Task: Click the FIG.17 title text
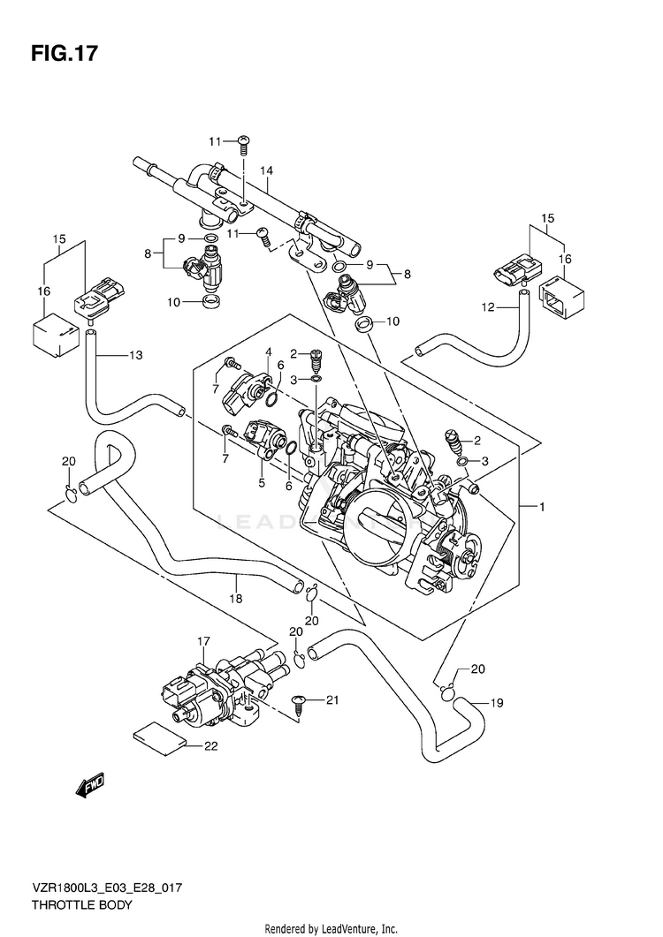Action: pyautogui.click(x=64, y=54)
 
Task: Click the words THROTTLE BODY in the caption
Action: pyautogui.click(x=81, y=904)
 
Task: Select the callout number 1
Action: pyautogui.click(x=542, y=507)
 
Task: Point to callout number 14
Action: pyautogui.click(x=266, y=171)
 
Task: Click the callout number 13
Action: pyautogui.click(x=136, y=355)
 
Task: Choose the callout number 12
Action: pyautogui.click(x=488, y=307)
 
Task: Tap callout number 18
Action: pyautogui.click(x=236, y=598)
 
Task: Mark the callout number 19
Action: pyautogui.click(x=497, y=703)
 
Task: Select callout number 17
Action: pyautogui.click(x=204, y=641)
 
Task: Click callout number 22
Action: pyautogui.click(x=210, y=745)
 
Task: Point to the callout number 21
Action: pyautogui.click(x=332, y=699)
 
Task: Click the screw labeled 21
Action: pyautogui.click(x=299, y=706)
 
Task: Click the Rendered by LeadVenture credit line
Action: pyautogui.click(x=331, y=929)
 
